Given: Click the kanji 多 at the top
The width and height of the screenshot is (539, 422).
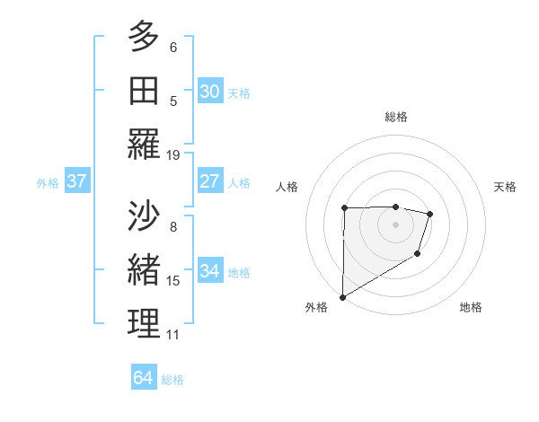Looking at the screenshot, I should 144,38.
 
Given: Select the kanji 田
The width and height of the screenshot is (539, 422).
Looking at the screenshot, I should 144,92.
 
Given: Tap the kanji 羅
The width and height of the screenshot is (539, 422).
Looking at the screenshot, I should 144,145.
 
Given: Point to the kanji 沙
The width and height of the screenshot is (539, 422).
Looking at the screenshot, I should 144,216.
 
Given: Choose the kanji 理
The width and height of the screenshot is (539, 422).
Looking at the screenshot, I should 144,325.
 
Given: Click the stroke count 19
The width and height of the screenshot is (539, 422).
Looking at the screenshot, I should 173,154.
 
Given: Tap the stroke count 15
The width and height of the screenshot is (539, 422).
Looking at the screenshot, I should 173,281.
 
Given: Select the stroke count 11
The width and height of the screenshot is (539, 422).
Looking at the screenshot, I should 173,335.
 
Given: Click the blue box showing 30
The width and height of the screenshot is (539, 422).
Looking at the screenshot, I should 209,92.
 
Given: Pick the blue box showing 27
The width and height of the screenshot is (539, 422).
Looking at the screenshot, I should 209,181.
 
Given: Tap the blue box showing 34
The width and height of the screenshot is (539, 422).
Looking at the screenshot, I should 209,271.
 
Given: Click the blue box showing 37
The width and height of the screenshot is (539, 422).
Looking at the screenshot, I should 77,181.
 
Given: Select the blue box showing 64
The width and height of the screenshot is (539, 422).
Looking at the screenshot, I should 143,378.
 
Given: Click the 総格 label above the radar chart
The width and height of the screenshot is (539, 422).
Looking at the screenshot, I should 395,117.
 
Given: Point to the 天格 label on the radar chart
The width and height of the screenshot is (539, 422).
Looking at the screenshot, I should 505,187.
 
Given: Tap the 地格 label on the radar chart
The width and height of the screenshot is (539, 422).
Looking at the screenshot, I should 471,307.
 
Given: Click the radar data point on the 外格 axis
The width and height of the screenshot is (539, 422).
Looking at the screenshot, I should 342,296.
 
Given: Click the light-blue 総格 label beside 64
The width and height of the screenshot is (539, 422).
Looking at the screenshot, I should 172,380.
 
